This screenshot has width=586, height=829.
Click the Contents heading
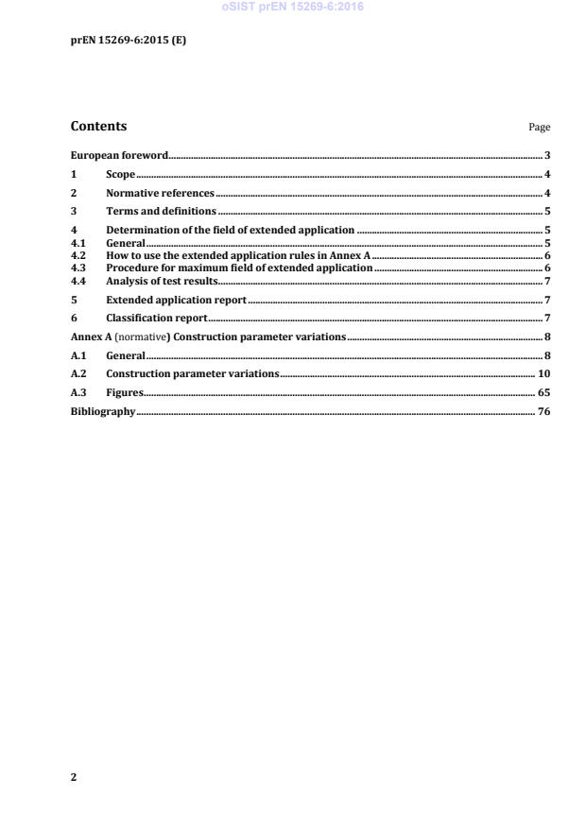98,127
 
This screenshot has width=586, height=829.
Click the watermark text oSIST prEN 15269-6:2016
293,8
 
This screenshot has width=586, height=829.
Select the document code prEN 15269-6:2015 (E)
121,40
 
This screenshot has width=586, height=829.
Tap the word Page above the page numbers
540,128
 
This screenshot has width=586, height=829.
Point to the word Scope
120,174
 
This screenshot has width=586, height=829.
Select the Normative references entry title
160,193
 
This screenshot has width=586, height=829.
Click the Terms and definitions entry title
161,211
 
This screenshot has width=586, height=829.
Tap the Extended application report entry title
176,300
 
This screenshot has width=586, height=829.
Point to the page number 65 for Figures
543,392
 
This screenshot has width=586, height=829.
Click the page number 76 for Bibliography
543,411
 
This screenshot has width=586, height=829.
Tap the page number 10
543,373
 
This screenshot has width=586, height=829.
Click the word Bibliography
103,411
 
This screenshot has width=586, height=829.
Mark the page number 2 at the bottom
74,777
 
